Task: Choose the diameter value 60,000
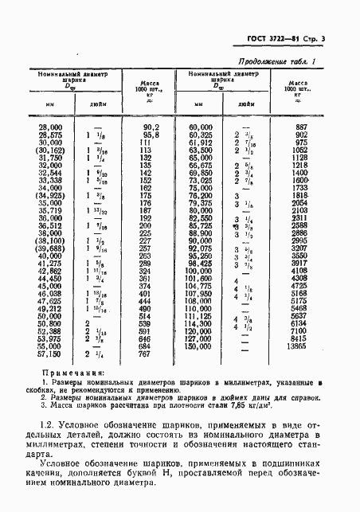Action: tap(201, 127)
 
